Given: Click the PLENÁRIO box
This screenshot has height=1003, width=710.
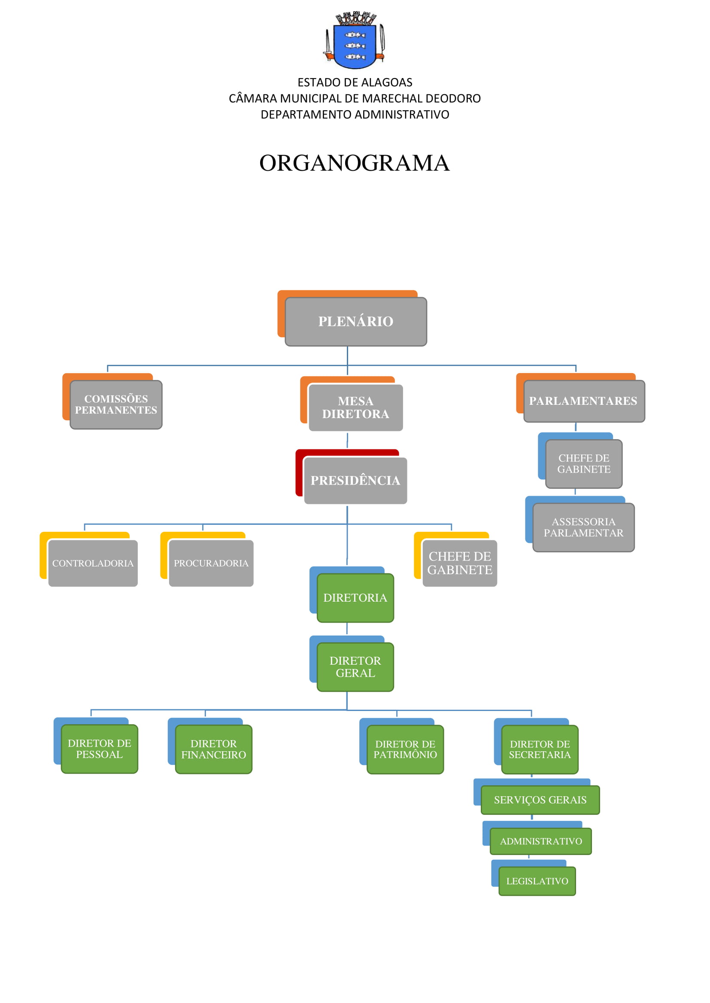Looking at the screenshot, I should tap(355, 322).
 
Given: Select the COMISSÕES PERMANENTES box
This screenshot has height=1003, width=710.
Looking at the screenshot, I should tap(116, 404).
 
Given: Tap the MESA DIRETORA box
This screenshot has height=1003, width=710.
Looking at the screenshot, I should tap(355, 407).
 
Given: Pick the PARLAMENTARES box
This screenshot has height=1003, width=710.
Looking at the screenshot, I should tap(584, 401).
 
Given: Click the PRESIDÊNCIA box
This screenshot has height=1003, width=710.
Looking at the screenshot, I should tap(355, 481).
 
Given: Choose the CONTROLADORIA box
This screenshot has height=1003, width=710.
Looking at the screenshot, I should tap(93, 563).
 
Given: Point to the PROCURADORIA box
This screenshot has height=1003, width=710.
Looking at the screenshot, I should tap(211, 563).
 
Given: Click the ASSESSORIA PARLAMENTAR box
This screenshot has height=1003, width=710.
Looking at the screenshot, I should tap(584, 527).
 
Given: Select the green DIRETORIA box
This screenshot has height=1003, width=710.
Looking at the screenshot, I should tap(355, 598).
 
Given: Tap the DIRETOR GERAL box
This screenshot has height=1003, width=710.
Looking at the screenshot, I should tap(355, 667).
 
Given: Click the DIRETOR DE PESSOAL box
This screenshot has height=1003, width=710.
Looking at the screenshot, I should tap(99, 749).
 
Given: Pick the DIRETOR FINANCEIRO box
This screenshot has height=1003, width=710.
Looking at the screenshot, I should tap(214, 749).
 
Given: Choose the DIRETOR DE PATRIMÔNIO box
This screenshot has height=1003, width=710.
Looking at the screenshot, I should tap(405, 749).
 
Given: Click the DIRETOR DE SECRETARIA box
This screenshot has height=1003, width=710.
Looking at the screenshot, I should tap(540, 749).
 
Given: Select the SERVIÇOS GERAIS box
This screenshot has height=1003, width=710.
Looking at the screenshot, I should tap(540, 800).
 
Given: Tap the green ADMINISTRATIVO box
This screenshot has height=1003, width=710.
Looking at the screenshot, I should tap(541, 841).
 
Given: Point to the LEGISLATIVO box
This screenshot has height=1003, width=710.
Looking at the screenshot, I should tap(537, 881).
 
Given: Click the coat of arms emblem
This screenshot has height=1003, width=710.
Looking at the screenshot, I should tap(355, 40).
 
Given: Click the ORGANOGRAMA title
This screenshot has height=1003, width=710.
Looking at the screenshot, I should tap(355, 163).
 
